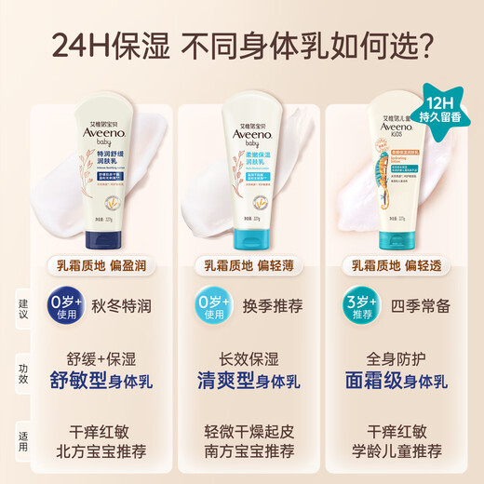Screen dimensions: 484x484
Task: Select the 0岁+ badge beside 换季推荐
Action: tap(214, 306)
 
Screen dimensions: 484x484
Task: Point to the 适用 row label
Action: tap(24, 437)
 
